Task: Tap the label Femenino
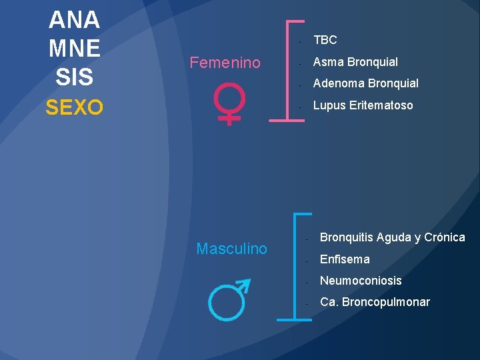pos(225,63)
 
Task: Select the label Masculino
pos(231,249)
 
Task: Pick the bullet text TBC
pos(325,40)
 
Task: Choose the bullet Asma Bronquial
pos(355,62)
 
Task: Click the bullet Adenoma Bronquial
pos(366,83)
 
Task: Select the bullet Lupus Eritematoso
pos(363,105)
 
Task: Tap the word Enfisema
pos(345,259)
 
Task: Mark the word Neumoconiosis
pos(361,281)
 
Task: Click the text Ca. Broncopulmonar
pos(375,302)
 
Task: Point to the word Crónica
pos(445,237)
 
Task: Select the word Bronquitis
pos(348,237)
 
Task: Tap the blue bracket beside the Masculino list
pos(295,267)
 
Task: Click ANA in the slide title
pos(74,20)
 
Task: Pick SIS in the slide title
pos(74,77)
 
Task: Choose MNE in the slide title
pos(74,49)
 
